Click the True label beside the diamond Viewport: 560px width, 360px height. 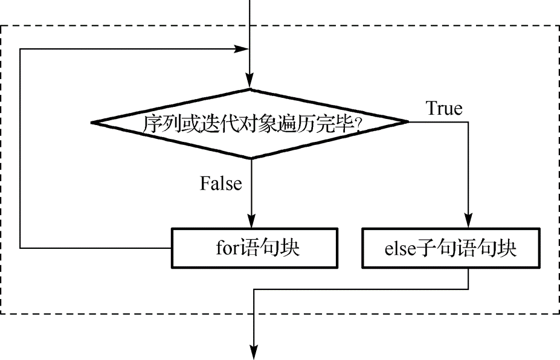[444, 109]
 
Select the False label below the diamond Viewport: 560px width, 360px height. [221, 184]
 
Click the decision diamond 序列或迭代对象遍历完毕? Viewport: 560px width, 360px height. [250, 123]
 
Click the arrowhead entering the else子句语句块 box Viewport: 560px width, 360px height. [469, 222]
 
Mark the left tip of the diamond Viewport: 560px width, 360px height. [93, 123]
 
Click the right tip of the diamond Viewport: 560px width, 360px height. [408, 123]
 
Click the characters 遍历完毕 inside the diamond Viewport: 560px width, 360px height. [325, 124]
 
